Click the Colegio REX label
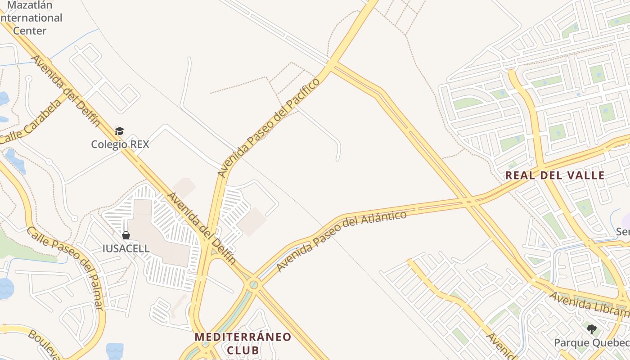[x=120, y=144]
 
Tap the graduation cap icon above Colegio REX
[x=119, y=131]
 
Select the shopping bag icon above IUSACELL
[x=126, y=235]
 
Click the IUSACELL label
[x=126, y=248]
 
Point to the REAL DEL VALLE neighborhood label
[x=554, y=175]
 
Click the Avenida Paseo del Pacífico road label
[x=268, y=127]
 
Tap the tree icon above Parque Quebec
[x=591, y=329]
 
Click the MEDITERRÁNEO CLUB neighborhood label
[x=243, y=343]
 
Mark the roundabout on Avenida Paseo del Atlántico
[x=254, y=284]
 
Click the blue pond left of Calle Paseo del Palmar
[x=6, y=288]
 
